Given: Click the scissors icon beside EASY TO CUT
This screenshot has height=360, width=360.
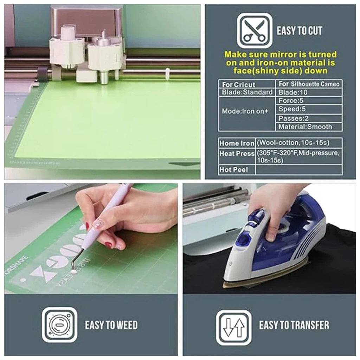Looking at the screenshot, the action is [x=255, y=31].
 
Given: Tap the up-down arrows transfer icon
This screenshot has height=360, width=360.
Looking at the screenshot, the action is [x=234, y=328].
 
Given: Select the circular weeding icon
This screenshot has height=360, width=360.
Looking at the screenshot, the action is [x=59, y=325].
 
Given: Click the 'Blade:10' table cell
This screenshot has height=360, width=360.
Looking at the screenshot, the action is [x=309, y=92].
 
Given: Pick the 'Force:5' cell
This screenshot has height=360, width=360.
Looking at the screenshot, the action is [x=309, y=101].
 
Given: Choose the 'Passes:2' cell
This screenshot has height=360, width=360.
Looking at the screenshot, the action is [x=309, y=118].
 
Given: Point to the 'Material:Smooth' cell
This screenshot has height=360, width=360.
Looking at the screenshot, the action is [x=309, y=127].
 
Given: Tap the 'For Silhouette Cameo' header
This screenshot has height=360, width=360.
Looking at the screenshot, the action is [x=309, y=84].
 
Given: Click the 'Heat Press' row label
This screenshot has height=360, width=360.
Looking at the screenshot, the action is [x=237, y=153].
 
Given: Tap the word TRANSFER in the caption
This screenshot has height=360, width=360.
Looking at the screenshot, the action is [x=309, y=325].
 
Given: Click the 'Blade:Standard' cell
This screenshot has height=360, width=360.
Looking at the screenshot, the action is [x=247, y=92].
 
